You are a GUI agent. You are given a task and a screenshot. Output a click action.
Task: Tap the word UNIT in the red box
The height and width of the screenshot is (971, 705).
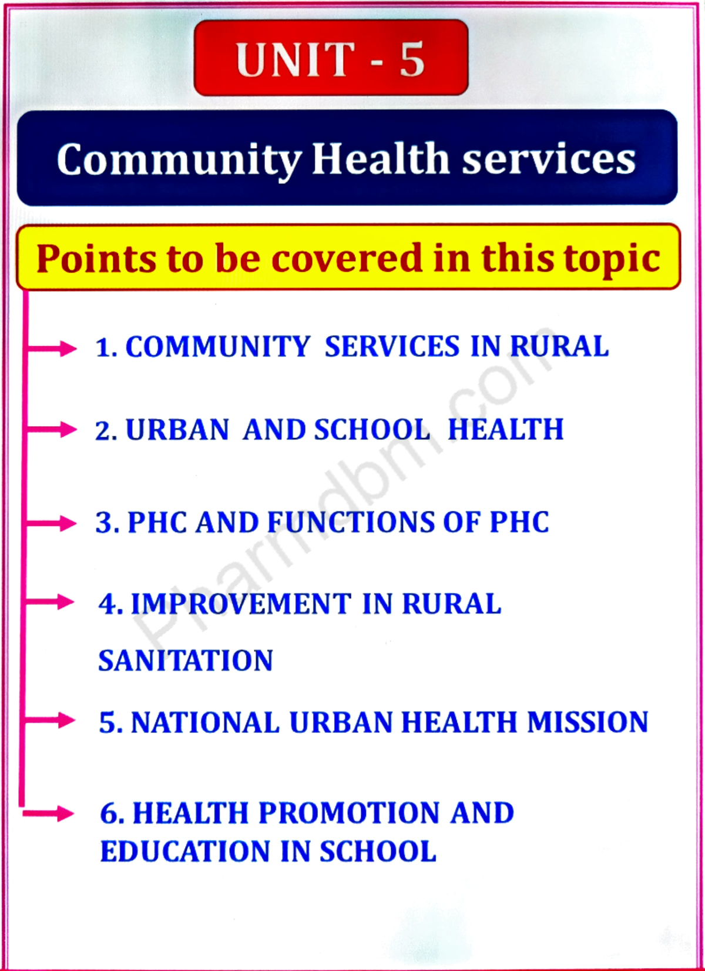click(296, 59)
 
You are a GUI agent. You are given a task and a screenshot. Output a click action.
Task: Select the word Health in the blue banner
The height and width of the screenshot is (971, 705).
click(380, 159)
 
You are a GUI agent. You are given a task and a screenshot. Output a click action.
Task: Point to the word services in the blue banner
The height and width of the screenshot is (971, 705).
click(549, 160)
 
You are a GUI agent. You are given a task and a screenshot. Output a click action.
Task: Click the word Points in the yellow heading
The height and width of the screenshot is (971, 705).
click(96, 259)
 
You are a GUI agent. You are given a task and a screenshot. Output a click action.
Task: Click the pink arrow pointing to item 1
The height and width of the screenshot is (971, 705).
click(53, 348)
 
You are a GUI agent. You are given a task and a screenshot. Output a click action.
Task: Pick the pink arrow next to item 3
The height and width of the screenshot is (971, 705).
click(53, 523)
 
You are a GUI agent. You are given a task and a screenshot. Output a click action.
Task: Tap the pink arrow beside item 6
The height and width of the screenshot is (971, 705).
click(50, 813)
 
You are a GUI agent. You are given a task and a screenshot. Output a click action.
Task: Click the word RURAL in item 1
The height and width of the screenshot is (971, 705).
click(559, 346)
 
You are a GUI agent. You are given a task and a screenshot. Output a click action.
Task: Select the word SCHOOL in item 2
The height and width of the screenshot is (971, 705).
click(372, 430)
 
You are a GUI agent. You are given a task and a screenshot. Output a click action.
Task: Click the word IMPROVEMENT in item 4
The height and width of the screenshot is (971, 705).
click(241, 604)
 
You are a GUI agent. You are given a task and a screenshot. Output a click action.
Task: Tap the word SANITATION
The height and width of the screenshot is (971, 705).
click(186, 661)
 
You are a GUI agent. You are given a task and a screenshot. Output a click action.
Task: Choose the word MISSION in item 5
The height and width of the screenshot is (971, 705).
click(587, 722)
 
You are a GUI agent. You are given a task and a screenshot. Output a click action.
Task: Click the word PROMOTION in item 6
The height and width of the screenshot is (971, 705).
click(349, 813)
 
